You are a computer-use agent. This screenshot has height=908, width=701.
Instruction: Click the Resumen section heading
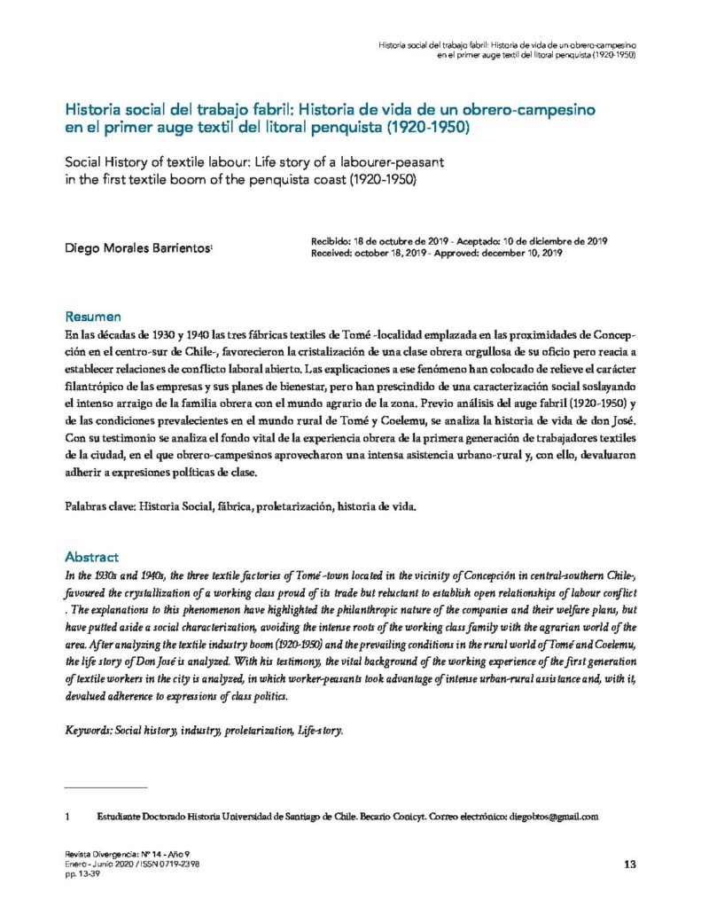93,317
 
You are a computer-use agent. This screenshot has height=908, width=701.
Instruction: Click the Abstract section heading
92,557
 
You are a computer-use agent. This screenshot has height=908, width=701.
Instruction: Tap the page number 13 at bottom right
630,865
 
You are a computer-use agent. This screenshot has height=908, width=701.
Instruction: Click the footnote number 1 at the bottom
68,816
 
